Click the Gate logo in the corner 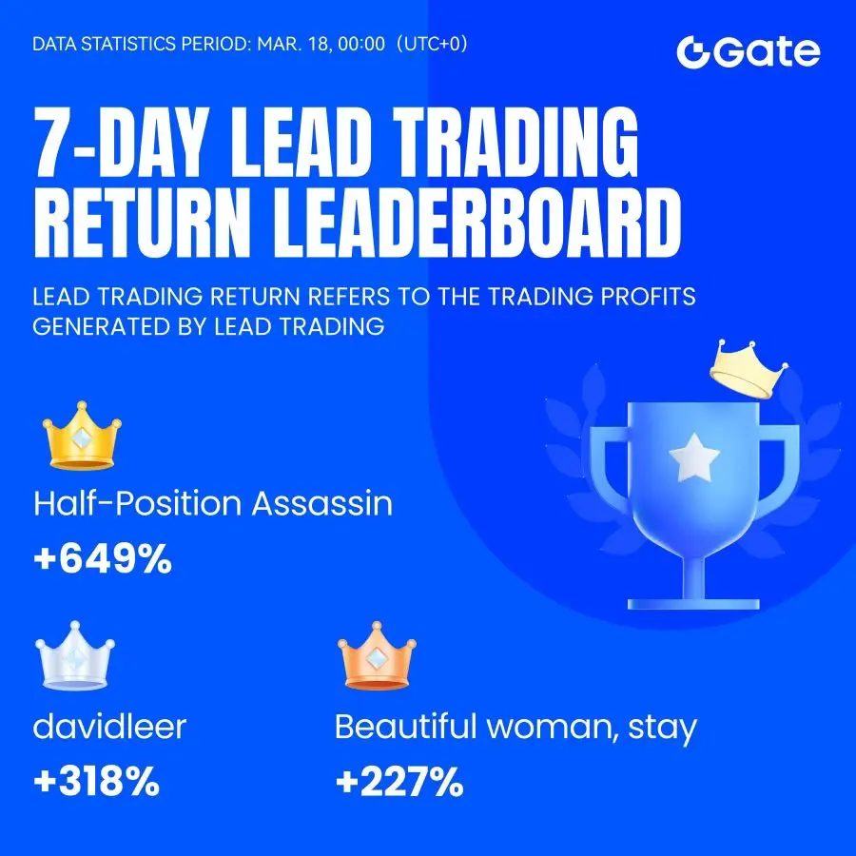748,52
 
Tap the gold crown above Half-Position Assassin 82,437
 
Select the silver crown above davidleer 75,656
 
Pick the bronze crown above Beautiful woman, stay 377,656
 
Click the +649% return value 103,559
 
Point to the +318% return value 97,781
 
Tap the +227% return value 399,782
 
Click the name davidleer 109,727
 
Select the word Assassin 322,503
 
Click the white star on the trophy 694,457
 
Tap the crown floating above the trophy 749,369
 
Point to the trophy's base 693,604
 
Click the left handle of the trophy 605,470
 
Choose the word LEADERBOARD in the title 477,223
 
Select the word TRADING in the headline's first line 515,142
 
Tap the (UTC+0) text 432,44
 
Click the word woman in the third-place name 553,727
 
